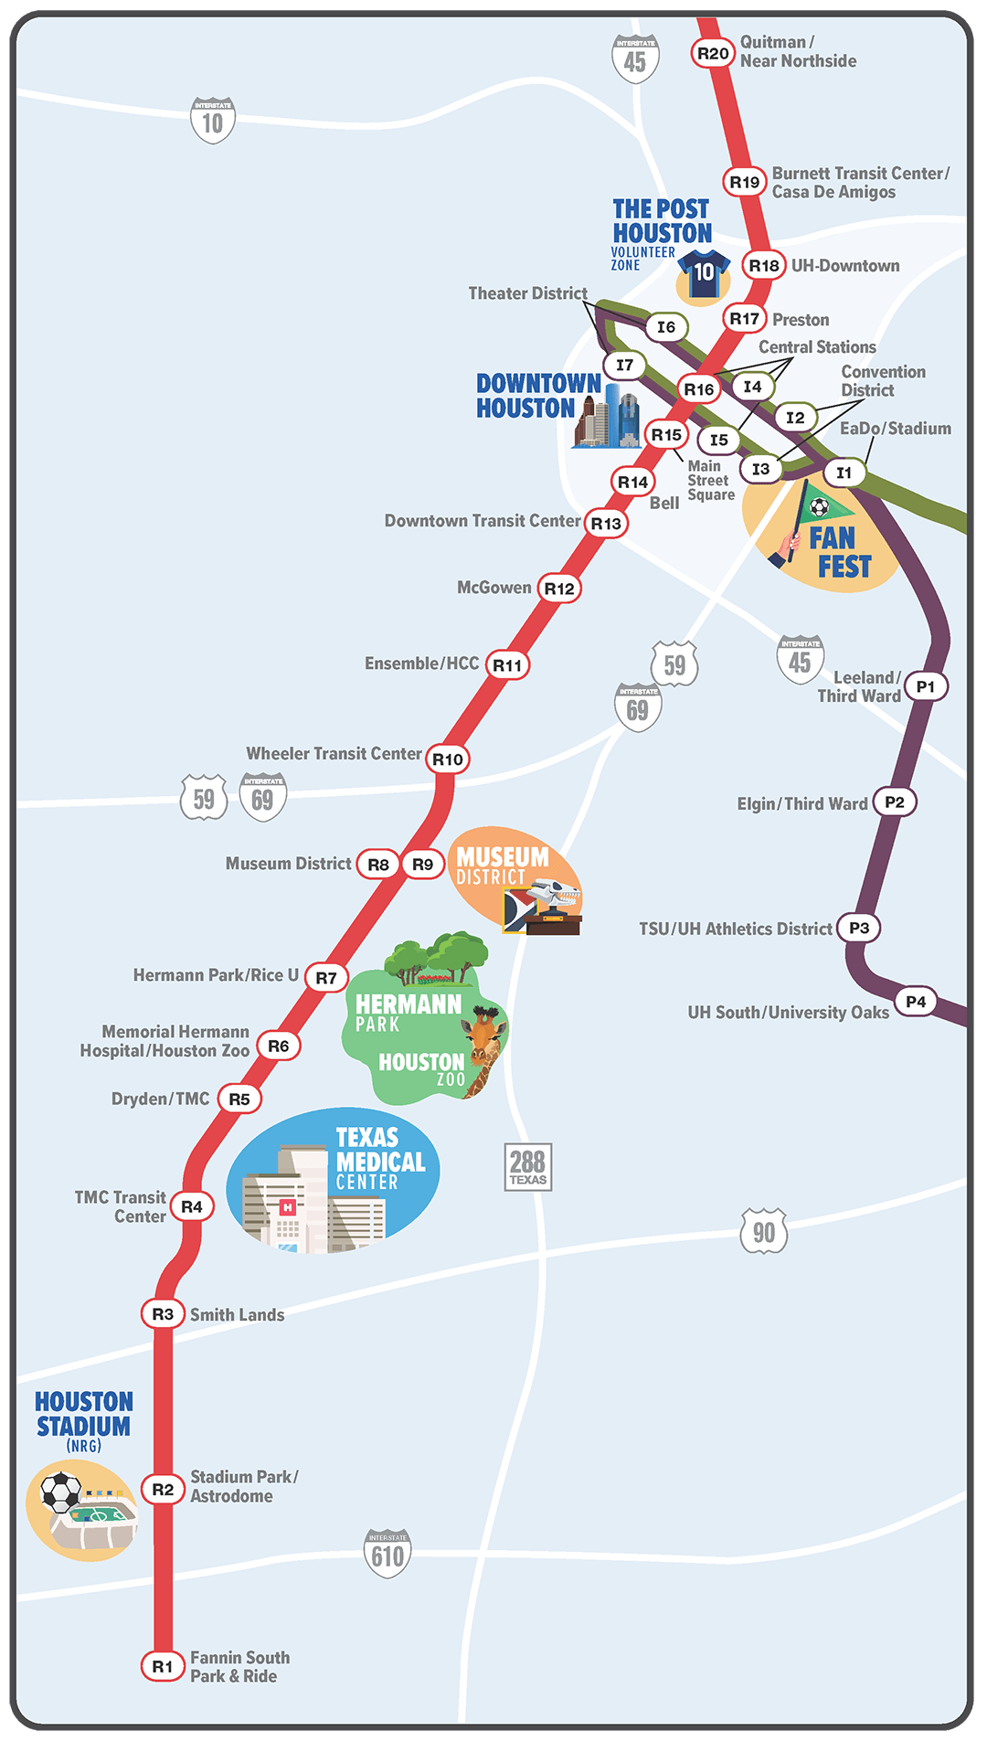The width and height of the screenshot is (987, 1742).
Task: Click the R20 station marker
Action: (x=713, y=53)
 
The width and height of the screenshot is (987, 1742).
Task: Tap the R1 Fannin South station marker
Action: (x=163, y=1666)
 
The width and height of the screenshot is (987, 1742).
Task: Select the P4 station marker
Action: (x=916, y=1002)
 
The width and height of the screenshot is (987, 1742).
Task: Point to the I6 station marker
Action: (x=666, y=327)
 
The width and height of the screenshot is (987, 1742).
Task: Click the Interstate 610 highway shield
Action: (x=387, y=1553)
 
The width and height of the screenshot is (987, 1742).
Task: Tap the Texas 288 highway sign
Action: (x=528, y=1167)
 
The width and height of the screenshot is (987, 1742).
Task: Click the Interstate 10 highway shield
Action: (x=213, y=120)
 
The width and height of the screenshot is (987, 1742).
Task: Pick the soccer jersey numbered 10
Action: (x=704, y=273)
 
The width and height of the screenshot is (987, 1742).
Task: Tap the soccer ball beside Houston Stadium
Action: (x=61, y=1492)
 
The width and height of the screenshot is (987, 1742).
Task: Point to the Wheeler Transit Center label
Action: (x=334, y=754)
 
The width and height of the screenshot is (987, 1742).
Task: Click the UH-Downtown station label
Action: (x=845, y=266)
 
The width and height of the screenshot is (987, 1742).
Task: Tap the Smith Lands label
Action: (x=237, y=1315)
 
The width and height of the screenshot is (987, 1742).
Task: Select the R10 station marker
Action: (x=448, y=759)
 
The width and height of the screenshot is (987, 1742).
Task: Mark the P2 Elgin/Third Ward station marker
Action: (x=895, y=802)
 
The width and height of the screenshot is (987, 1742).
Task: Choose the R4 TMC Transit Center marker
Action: (x=192, y=1206)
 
